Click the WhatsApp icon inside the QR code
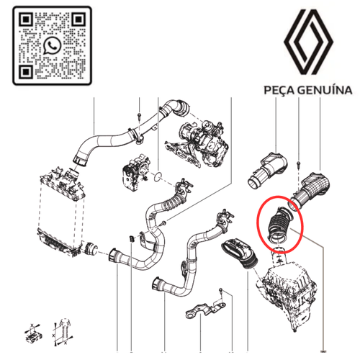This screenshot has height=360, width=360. tap(51, 46)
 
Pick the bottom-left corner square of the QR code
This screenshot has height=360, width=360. tap(23, 73)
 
